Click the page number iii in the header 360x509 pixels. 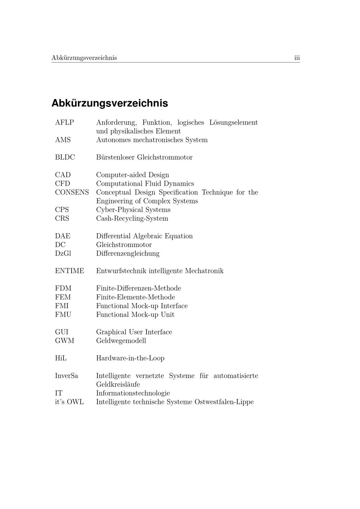(x=297, y=58)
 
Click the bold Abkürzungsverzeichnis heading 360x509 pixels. (x=109, y=103)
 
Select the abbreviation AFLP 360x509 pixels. (x=64, y=123)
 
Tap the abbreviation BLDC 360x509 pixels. (x=65, y=157)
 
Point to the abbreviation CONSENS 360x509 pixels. (x=72, y=192)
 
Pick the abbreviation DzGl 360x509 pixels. (x=63, y=253)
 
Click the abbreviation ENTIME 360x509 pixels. (x=69, y=271)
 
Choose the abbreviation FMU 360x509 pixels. (x=63, y=315)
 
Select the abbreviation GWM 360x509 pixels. (x=64, y=341)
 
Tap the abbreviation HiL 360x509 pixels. (x=61, y=358)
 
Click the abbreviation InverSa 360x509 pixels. (x=66, y=376)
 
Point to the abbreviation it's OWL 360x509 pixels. (x=69, y=402)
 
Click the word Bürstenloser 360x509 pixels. (x=115, y=157)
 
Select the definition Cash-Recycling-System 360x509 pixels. (x=132, y=219)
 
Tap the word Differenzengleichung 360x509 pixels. (x=128, y=253)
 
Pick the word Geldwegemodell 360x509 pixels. (x=121, y=341)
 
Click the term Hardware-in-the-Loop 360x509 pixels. (x=130, y=358)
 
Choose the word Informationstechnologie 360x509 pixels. (x=133, y=393)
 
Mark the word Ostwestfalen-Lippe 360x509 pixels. (x=224, y=402)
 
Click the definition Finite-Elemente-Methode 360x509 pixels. (x=135, y=297)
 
